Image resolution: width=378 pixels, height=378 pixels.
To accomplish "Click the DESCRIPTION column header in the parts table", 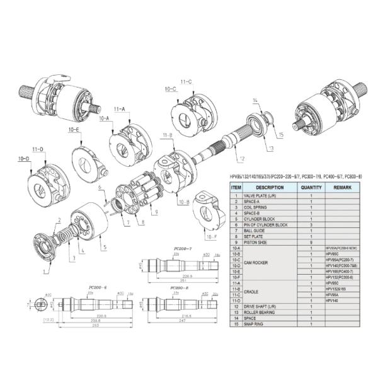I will pos(270,187).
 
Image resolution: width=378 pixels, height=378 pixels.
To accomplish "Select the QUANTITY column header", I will pos(311,187).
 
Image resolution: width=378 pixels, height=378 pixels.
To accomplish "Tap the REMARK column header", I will pos(343,187).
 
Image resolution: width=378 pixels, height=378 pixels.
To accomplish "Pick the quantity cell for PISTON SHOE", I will pos(311,242).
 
